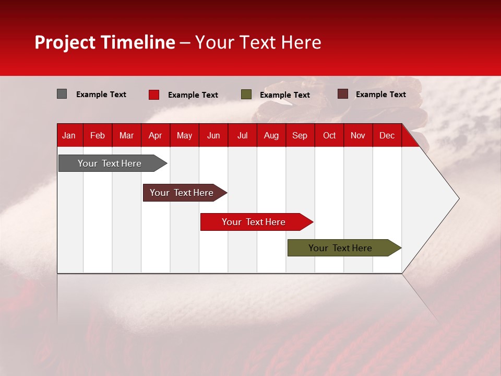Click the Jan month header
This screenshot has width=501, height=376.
pos(69,135)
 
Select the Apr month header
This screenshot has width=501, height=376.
pos(155,135)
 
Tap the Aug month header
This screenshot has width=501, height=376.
pos(271,135)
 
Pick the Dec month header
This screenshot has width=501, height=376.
pos(387,135)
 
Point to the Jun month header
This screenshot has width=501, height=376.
pos(213,135)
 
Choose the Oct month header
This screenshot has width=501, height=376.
pos(329,135)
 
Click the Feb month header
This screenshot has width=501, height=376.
pos(98,135)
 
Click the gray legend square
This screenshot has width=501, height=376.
pos(62,94)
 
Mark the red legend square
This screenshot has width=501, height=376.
pos(154,95)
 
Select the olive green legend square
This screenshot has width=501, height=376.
pos(246,95)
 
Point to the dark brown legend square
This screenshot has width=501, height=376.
pos(342,94)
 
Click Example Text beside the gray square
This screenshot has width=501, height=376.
pos(101,95)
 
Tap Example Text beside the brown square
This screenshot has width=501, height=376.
pos(380,95)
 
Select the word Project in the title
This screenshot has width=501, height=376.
pos(65,42)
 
